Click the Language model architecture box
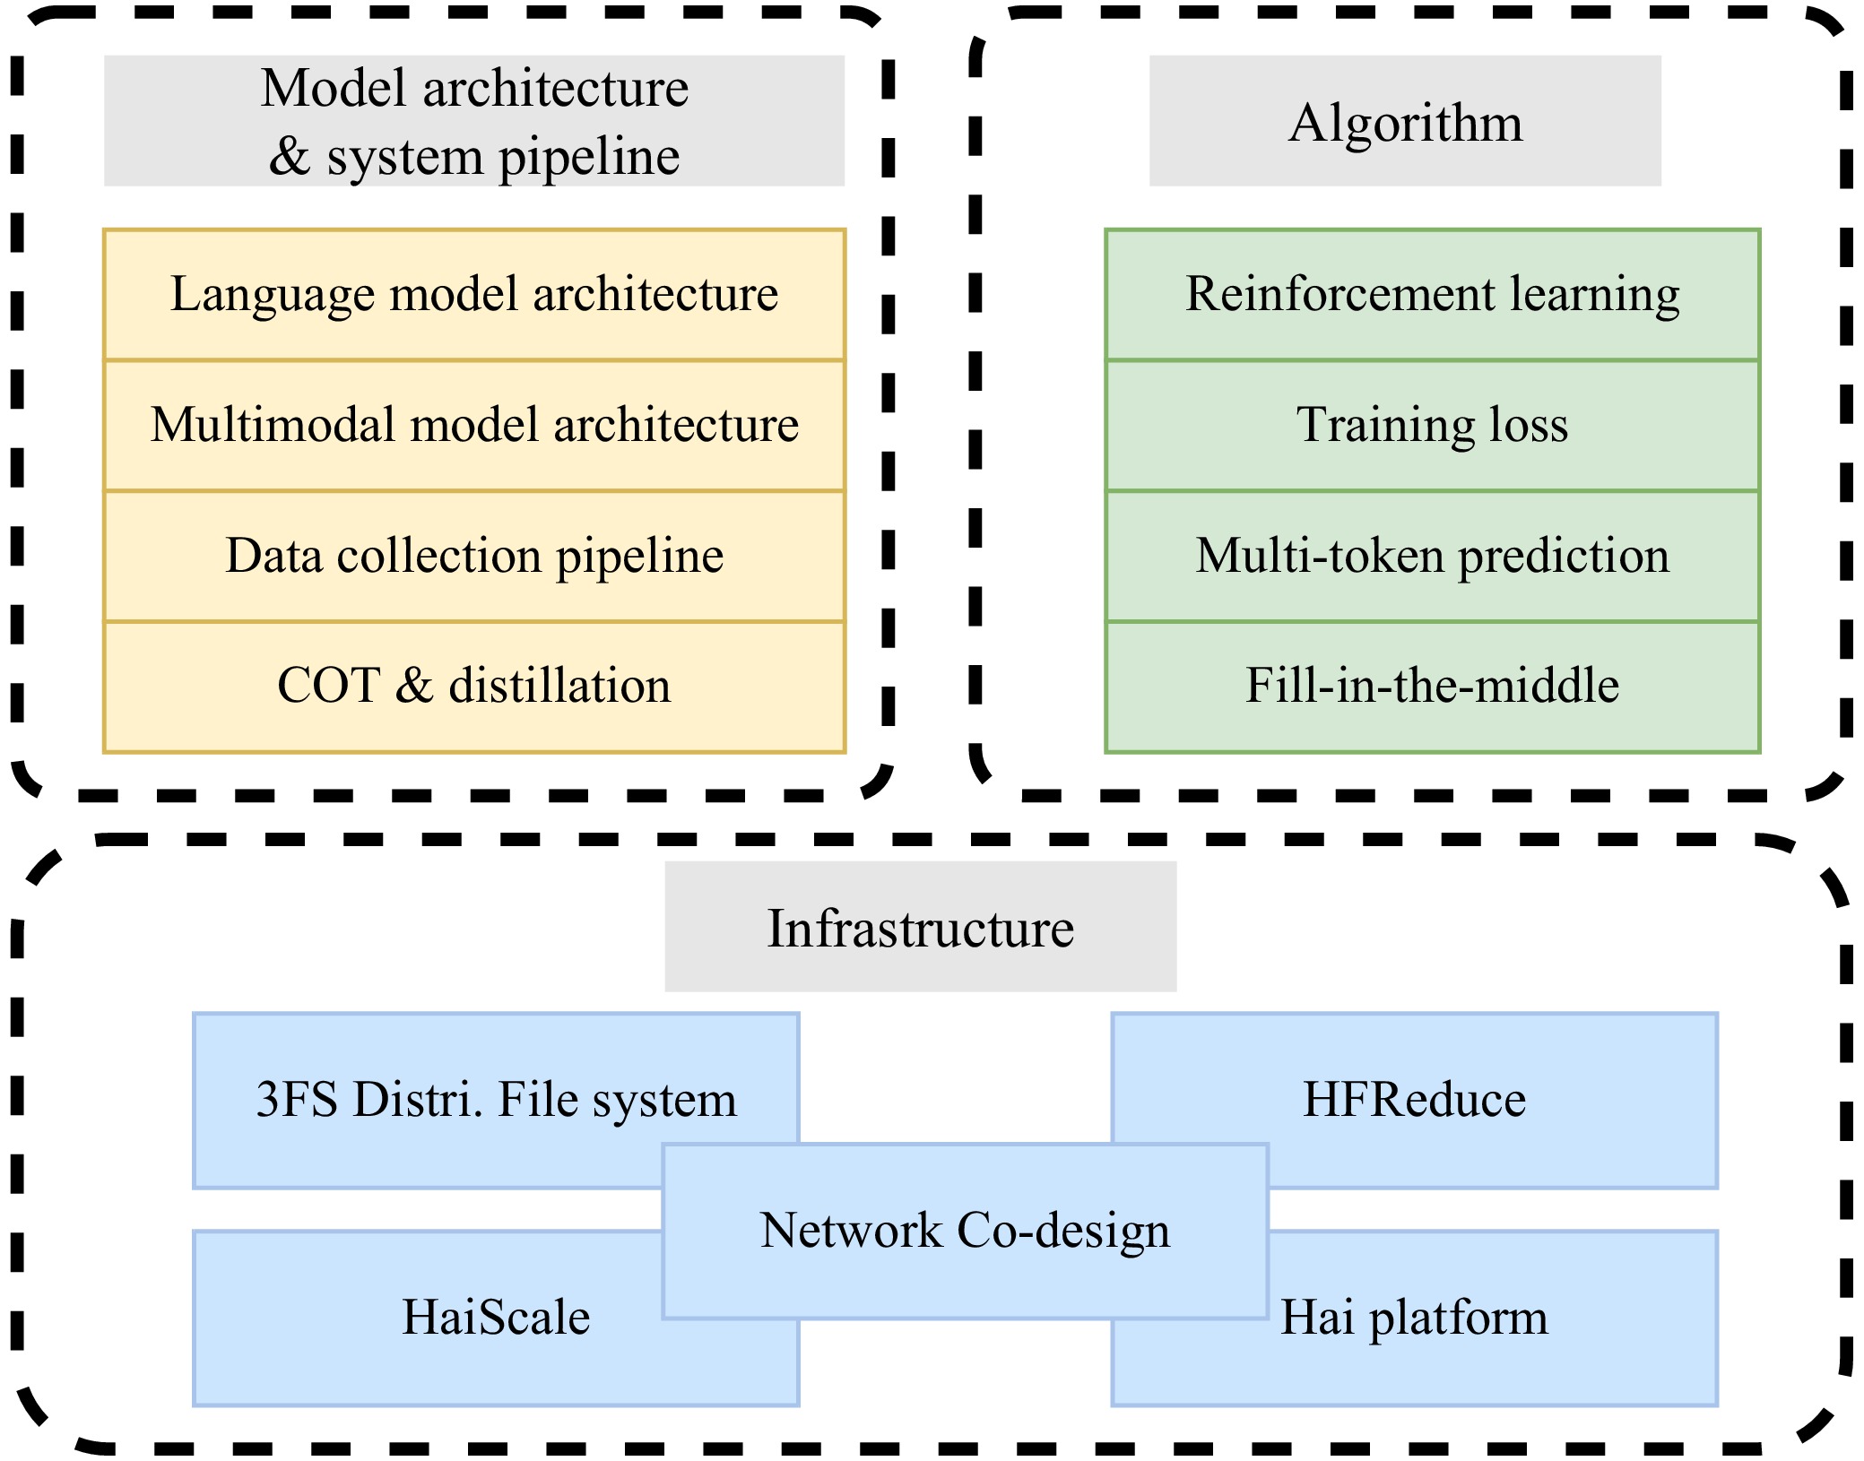coord(474,295)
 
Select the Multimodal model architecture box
coord(474,425)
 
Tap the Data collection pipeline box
coord(474,556)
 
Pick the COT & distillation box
coord(474,686)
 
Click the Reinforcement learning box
coord(1432,295)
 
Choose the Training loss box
coord(1432,425)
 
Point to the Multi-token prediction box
coord(1432,556)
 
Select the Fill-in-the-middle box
coord(1432,686)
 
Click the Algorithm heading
coord(1405,122)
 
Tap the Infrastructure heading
coord(920,928)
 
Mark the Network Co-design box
coord(965,1231)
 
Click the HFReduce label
coord(1414,1100)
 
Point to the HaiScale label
coord(496,1318)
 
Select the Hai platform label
coord(1414,1318)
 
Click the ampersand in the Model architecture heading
coord(289,157)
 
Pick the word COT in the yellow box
coord(328,686)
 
